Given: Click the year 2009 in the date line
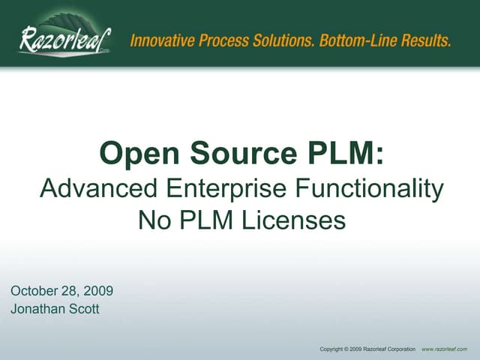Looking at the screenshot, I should pyautogui.click(x=97, y=291).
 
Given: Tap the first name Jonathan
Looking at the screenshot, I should pyautogui.click(x=37, y=309).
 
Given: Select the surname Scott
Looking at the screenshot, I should pyautogui.click(x=82, y=309).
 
